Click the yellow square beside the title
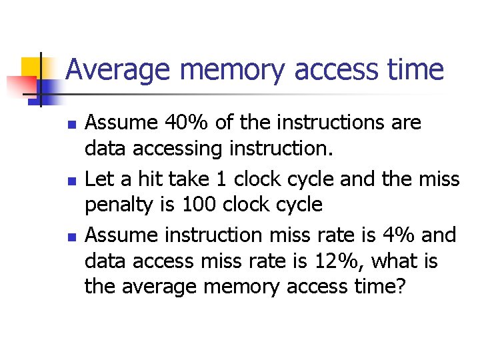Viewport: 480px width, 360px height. point(30,65)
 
